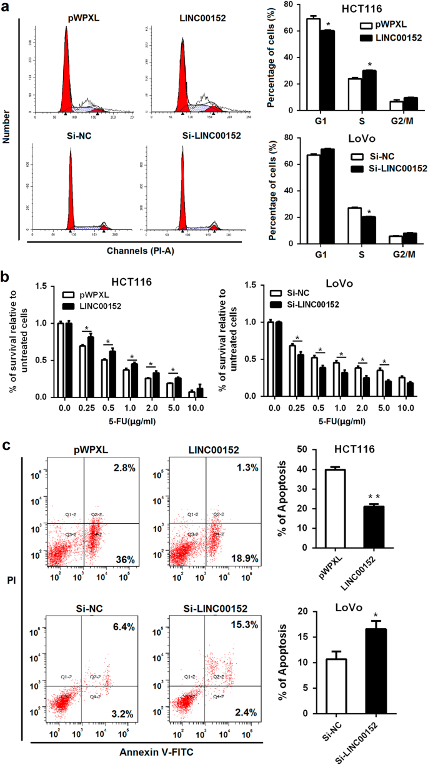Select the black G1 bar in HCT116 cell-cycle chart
[327, 70]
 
